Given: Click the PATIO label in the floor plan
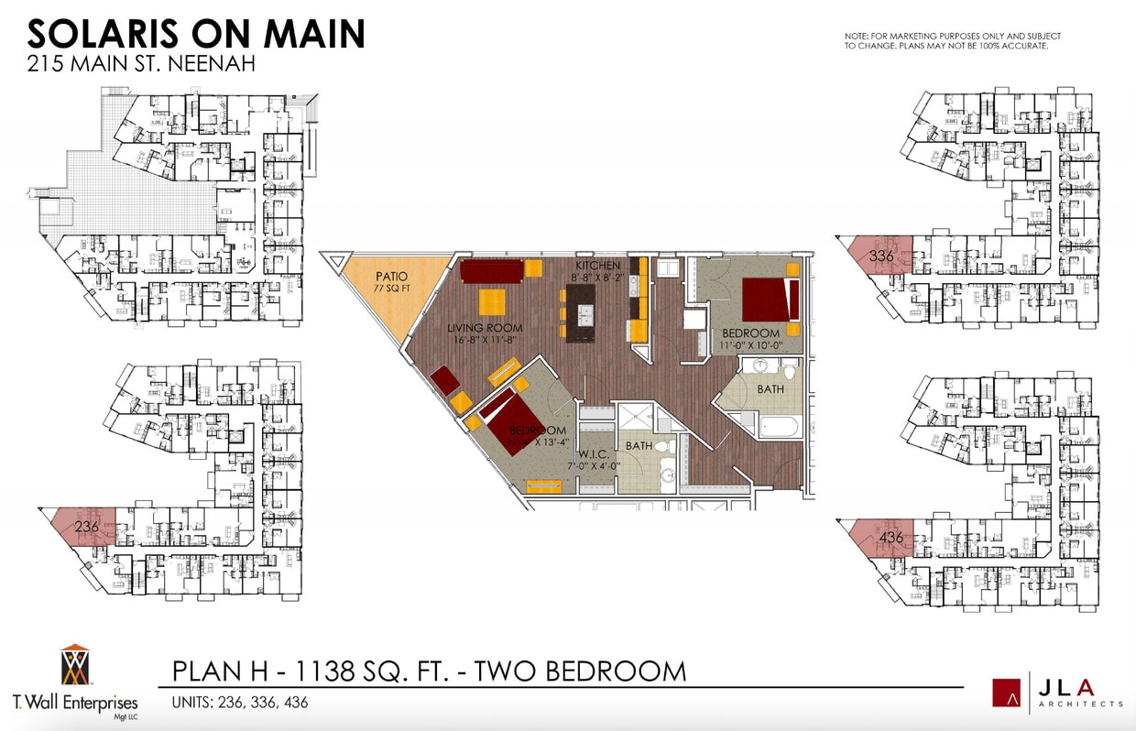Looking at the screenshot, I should pos(391,276).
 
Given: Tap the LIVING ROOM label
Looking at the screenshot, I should pos(485,328).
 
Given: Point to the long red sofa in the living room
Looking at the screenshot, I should pos(491,271).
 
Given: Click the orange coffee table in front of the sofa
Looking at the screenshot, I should pos(493,302).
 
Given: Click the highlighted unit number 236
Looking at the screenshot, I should pos(86,526).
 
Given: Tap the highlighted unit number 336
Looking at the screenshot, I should pos(881,256).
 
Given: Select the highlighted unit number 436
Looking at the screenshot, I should pos(890,537).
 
